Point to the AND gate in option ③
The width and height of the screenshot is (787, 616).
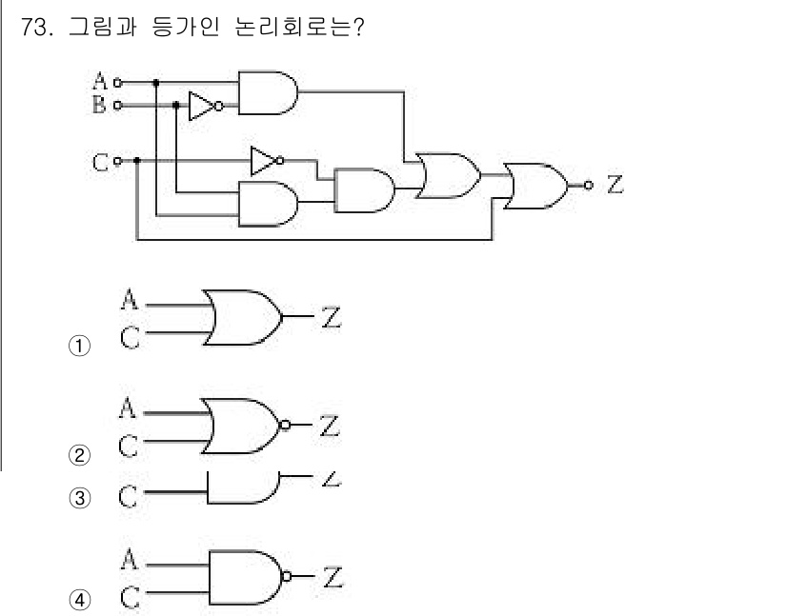244,488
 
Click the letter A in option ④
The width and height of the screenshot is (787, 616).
129,561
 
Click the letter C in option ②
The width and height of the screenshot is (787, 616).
129,444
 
